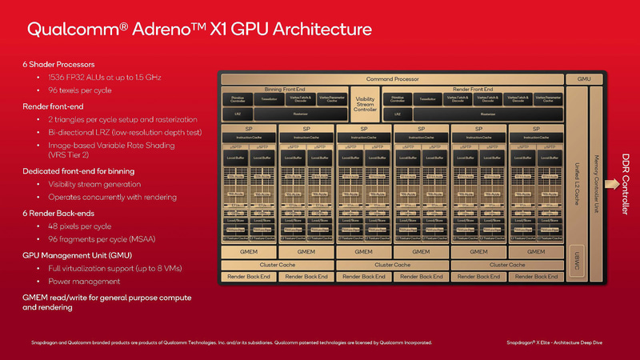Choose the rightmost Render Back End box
tap(535, 276)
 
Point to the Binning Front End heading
tap(284, 89)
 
